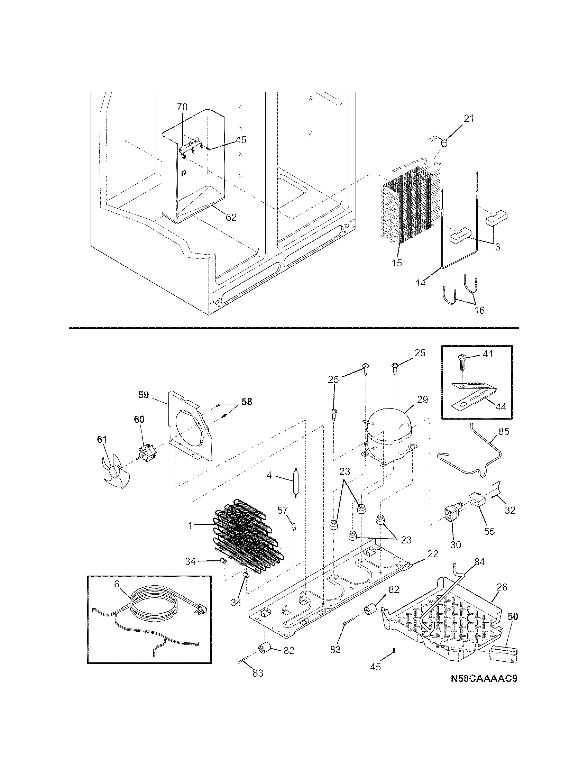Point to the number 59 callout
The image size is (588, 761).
[x=143, y=395]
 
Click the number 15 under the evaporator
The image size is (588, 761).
[x=396, y=263]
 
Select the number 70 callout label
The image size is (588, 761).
[x=182, y=107]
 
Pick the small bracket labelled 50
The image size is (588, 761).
[x=504, y=654]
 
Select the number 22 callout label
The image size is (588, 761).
[x=433, y=554]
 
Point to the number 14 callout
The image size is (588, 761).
[x=421, y=283]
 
